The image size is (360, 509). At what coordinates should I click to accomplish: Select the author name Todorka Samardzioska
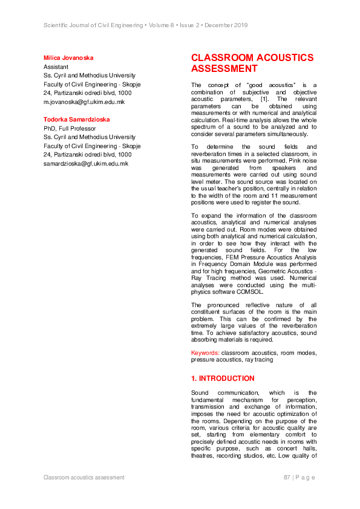[x=76, y=120]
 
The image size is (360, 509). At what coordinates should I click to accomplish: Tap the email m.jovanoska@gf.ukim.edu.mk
[x=83, y=102]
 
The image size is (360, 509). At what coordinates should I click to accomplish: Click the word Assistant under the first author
[x=56, y=67]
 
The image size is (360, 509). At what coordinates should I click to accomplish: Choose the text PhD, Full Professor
[x=70, y=129]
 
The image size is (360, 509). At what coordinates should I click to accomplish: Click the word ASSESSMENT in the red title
[x=224, y=69]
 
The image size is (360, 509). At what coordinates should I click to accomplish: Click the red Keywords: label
[x=205, y=352]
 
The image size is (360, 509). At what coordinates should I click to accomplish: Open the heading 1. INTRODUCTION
[x=223, y=378]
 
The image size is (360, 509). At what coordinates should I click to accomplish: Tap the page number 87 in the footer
[x=287, y=478]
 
